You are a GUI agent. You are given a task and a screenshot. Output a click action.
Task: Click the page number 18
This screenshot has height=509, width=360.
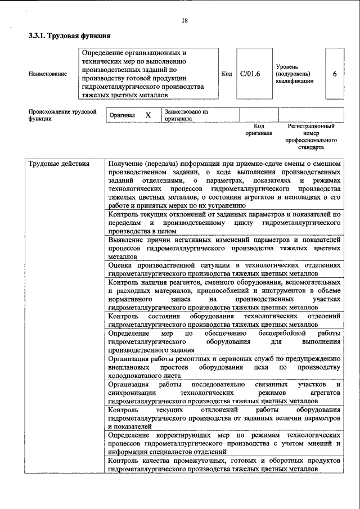tap(184, 21)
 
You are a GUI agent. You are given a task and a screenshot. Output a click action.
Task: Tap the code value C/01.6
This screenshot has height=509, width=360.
tap(250, 73)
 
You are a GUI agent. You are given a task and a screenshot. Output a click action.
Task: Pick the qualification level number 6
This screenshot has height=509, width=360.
tap(335, 73)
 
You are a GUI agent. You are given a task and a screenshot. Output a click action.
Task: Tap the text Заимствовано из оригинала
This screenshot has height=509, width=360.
tap(186, 115)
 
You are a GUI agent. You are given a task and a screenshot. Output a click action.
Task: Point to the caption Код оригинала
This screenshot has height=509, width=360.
tap(259, 130)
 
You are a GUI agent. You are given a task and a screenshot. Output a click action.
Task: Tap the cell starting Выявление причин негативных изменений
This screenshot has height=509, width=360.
tap(224, 247)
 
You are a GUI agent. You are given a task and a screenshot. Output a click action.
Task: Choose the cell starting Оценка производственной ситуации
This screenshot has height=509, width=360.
tap(224, 269)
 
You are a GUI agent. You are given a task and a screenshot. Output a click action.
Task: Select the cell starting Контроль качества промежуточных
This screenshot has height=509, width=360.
tap(224, 465)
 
